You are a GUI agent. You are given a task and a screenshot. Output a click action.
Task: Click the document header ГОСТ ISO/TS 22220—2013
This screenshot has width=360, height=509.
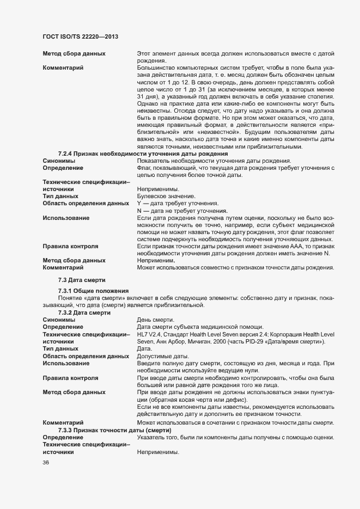pos(81,36)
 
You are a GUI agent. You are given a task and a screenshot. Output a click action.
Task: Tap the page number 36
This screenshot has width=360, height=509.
pos(46,463)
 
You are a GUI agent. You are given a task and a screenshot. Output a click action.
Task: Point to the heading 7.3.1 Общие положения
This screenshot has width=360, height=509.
pos(93,291)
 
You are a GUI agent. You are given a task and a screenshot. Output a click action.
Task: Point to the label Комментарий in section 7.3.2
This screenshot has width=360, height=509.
pos(63,423)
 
